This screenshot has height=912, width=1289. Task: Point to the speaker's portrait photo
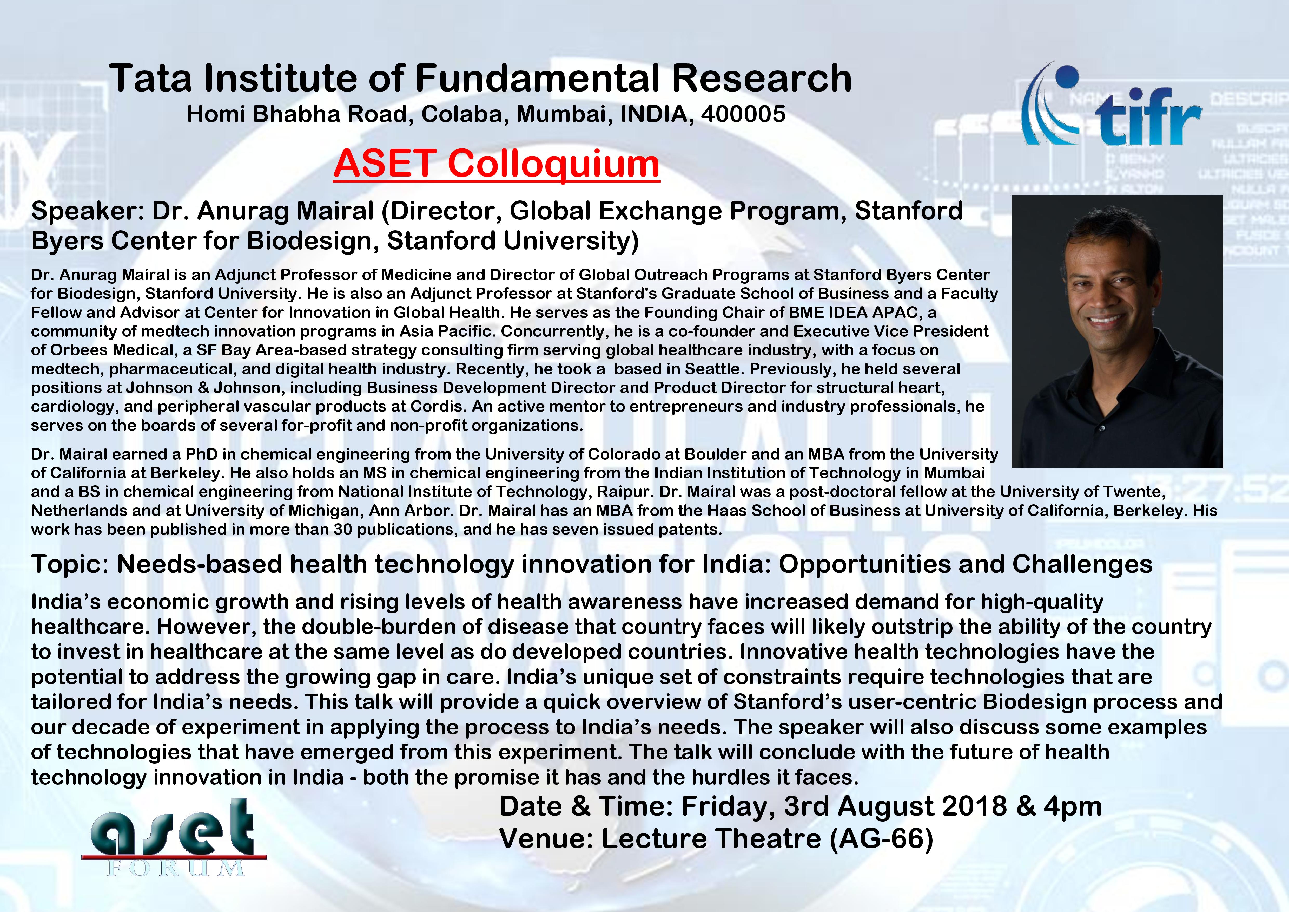click(1117, 331)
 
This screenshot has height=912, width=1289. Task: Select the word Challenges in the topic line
click(1082, 564)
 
